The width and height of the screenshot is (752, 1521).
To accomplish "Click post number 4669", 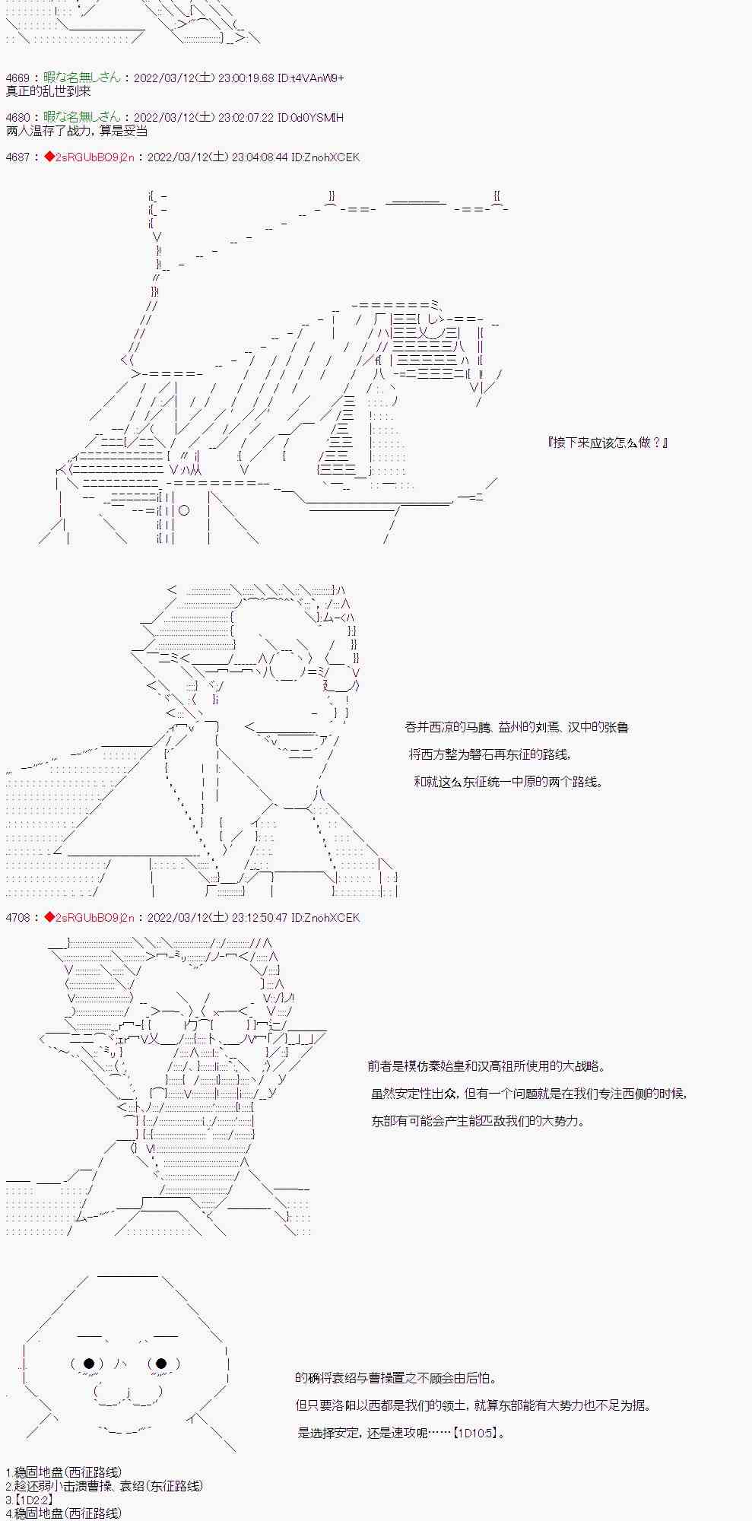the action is (x=17, y=78).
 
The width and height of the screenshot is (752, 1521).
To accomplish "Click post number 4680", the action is (x=17, y=118).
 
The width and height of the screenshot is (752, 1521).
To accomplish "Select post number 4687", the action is (x=17, y=157).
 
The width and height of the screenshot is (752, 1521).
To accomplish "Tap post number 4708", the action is (x=17, y=918).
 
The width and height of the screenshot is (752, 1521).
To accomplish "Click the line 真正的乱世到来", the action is (x=48, y=91).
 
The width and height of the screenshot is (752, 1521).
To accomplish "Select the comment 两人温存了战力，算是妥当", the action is (x=76, y=131).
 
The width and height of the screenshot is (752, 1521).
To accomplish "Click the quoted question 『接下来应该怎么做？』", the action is (x=608, y=443).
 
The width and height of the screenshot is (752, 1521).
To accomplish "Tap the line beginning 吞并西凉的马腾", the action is (x=517, y=728).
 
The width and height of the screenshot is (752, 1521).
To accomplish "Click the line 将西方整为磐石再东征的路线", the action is (x=489, y=755).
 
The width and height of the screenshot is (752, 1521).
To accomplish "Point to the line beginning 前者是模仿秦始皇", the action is (x=487, y=1067).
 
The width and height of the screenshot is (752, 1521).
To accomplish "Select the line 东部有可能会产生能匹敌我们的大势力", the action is (x=478, y=1122).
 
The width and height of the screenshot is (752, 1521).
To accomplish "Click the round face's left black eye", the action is (x=88, y=1364).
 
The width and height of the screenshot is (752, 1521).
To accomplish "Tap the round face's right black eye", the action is (x=161, y=1364).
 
